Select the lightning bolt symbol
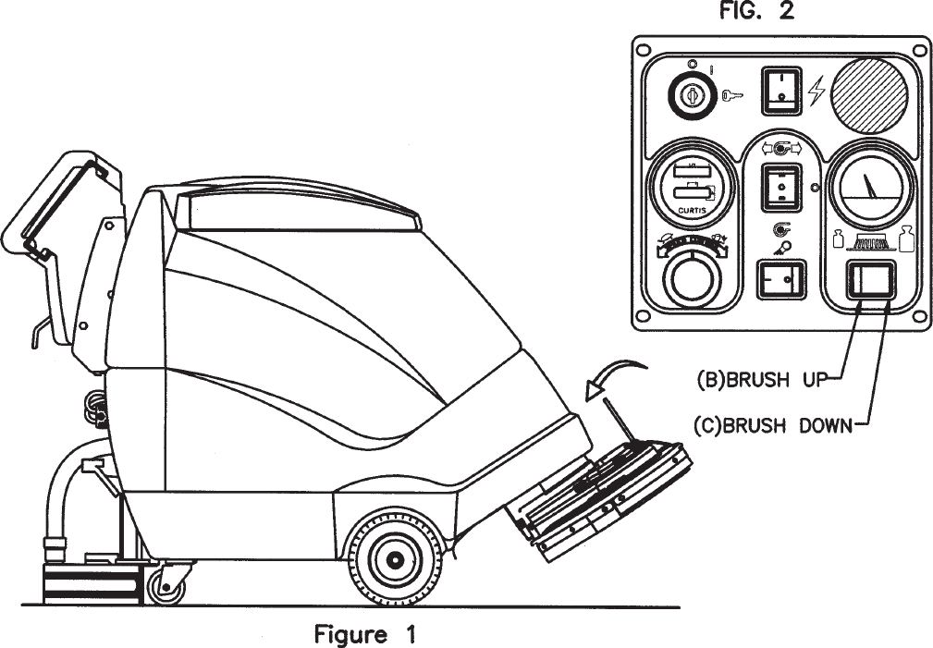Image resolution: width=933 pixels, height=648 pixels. click(x=815, y=90)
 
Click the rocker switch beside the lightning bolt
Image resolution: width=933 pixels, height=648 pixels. click(x=778, y=91)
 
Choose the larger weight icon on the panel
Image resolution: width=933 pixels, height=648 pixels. click(x=904, y=239)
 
